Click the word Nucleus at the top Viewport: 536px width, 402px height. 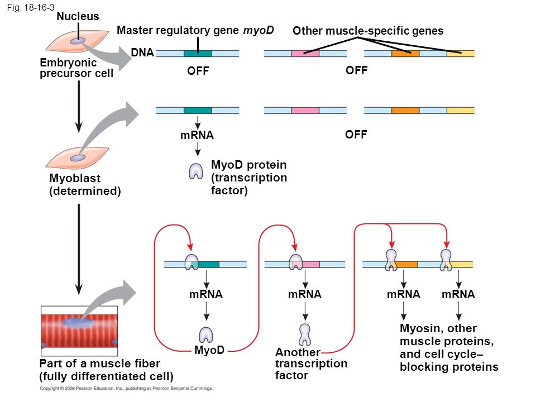click(78, 16)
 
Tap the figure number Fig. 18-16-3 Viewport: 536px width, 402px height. click(30, 7)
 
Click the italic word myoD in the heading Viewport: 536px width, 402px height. click(259, 30)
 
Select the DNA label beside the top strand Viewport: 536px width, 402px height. click(142, 52)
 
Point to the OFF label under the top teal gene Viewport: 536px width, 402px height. click(198, 71)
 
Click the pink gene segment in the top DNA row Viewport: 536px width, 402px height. click(305, 54)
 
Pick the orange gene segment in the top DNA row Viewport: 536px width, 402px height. click(405, 54)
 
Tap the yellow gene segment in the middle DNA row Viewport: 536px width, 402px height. click(461, 111)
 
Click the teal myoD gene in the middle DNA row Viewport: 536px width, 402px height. click(198, 111)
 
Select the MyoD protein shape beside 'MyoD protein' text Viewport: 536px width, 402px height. click(196, 171)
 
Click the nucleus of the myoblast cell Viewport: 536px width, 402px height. click(78, 158)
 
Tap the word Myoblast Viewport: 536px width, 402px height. click(75, 178)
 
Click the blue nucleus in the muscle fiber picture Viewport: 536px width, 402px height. click(78, 322)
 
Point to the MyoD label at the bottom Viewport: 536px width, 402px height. click(209, 350)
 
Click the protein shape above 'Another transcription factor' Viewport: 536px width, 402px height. click(305, 334)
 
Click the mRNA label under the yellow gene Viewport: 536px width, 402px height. click(458, 294)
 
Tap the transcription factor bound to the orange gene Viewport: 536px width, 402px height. click(391, 260)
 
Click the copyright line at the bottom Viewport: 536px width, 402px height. click(126, 389)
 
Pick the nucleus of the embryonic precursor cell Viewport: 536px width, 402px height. click(78, 41)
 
